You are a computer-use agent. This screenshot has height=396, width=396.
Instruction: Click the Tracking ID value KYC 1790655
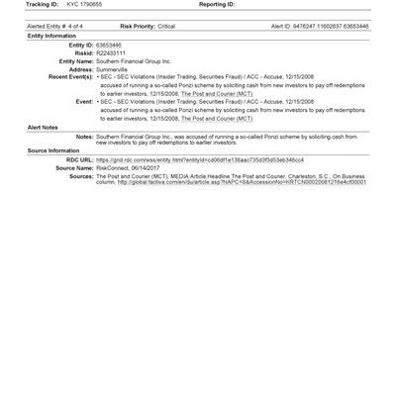[85, 4]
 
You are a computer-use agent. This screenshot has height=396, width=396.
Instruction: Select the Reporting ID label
[215, 4]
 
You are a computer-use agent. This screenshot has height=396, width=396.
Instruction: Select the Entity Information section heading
[51, 36]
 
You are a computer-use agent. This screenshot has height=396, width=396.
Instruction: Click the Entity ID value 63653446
[110, 46]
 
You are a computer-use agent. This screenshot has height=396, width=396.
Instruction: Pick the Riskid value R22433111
[113, 53]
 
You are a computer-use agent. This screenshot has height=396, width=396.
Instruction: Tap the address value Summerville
[115, 69]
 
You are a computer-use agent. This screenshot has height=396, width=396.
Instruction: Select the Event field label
[84, 101]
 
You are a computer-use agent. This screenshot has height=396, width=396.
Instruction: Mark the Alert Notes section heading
[43, 127]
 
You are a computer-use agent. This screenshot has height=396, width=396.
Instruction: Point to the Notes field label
[84, 137]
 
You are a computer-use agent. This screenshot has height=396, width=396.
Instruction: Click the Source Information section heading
[53, 150]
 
